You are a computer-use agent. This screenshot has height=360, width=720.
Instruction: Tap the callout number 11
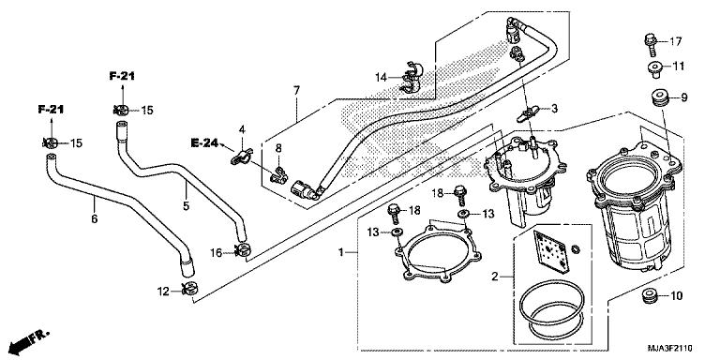680,66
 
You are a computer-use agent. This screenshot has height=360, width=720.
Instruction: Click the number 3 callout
555,110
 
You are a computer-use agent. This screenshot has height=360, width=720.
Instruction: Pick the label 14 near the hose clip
382,77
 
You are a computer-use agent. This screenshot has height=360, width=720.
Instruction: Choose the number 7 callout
296,90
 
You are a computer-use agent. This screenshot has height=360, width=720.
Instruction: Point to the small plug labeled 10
646,298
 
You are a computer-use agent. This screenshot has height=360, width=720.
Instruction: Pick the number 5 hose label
186,202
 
